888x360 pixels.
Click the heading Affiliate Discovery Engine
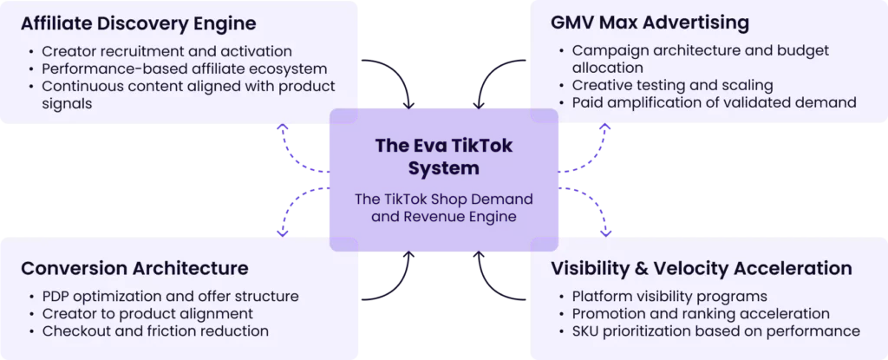[139, 23]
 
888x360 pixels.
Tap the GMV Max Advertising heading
[650, 23]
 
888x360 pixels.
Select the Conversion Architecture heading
[134, 268]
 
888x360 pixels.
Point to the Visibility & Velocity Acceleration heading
[702, 268]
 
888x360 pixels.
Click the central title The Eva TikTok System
[443, 156]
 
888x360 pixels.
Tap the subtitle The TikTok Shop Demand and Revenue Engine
[443, 207]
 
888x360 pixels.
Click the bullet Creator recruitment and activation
[167, 51]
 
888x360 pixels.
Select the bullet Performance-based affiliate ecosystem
[185, 69]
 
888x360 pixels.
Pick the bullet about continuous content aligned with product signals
[188, 95]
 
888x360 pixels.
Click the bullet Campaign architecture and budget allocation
[700, 59]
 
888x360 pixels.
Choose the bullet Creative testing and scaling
[672, 85]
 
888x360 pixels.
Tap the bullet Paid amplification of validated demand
[714, 102]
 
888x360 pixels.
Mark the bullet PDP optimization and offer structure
[170, 297]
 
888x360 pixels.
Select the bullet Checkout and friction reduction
[155, 331]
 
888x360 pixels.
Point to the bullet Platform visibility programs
[669, 297]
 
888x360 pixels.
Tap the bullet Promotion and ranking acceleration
[701, 313]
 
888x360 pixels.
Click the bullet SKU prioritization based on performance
[715, 331]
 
